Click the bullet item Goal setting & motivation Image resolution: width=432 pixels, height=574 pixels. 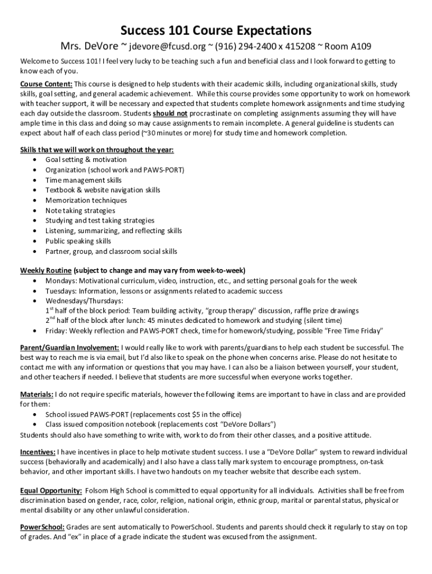pos(86,160)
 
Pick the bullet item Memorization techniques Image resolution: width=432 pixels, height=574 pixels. pos(86,200)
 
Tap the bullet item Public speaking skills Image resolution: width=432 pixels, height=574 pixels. pos(78,241)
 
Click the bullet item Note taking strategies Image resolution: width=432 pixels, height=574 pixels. pos(80,210)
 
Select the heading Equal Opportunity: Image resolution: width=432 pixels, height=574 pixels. pos(51,490)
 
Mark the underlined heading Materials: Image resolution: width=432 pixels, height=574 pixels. pos(37,394)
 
